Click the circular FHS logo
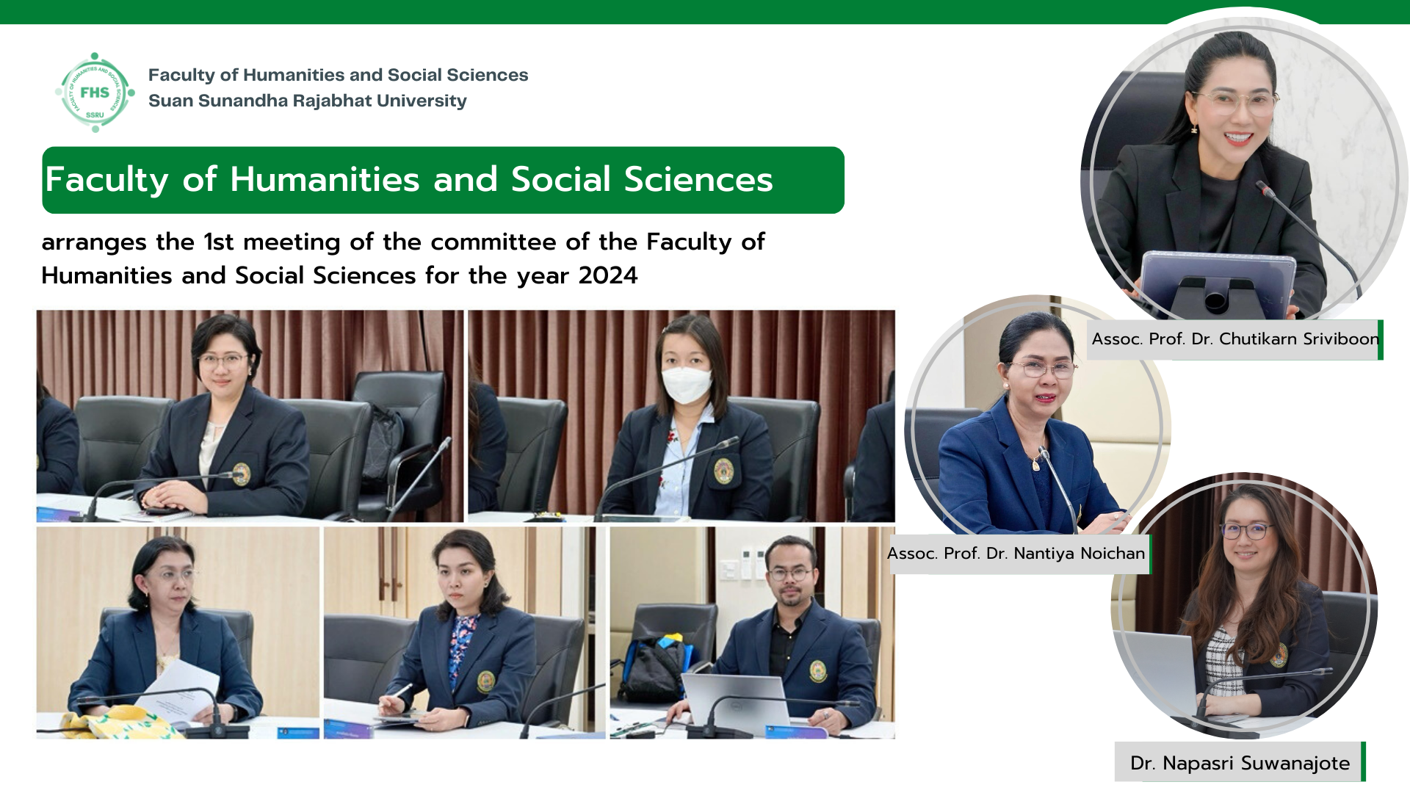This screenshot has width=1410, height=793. (x=95, y=93)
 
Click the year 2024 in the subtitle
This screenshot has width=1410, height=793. (x=608, y=275)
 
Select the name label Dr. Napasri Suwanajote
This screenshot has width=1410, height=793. (x=1240, y=763)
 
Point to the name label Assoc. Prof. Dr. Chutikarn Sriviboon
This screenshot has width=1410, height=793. (x=1235, y=339)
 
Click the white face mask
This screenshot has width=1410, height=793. (x=686, y=384)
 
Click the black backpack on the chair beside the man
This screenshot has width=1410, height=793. (x=651, y=670)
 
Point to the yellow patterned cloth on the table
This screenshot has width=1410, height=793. (x=117, y=723)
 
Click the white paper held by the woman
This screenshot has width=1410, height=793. (x=181, y=695)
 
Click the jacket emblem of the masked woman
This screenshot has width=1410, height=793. (x=723, y=471)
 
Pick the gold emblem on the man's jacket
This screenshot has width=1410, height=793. (x=817, y=671)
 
